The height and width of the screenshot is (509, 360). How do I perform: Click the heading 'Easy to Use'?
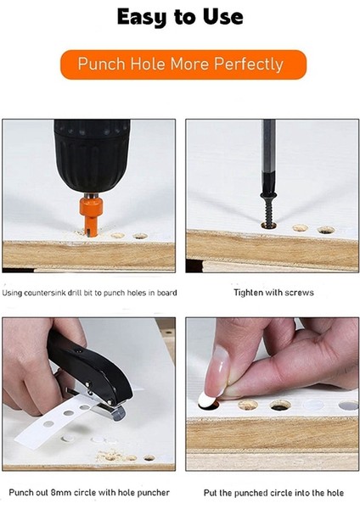[x=180, y=17]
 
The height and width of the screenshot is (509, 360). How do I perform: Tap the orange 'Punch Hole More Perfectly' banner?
[x=183, y=64]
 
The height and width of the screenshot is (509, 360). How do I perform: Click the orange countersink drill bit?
[x=91, y=215]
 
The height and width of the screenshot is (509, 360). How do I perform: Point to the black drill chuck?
[x=92, y=156]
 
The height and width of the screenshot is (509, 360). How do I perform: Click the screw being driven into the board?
[x=269, y=209]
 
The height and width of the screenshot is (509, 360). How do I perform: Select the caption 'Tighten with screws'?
[x=273, y=293]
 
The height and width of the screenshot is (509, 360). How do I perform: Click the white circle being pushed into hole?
[x=206, y=400]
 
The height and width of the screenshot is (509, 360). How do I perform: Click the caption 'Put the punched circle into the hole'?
[x=273, y=493]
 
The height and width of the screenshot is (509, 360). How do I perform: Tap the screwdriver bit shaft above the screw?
[x=269, y=156]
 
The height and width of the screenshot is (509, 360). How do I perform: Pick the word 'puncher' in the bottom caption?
[x=153, y=493]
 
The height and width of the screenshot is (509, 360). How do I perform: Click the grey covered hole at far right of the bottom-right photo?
[x=348, y=406]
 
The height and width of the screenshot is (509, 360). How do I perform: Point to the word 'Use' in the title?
[x=223, y=16]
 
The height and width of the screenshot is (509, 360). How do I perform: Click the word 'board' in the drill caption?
[x=167, y=293]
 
